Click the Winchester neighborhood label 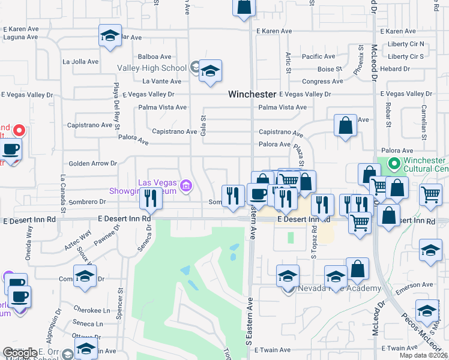tap(252, 94)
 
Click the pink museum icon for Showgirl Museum tap(186, 187)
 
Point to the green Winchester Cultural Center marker tap(394, 163)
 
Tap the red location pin tap(19, 130)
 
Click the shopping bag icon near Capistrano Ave tap(345, 125)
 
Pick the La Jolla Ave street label tap(80, 61)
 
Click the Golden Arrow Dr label tap(92, 163)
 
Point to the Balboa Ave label tap(151, 56)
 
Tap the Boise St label tap(330, 69)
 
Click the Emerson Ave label tap(418, 284)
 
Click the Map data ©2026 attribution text tap(423, 355)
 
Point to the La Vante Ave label tap(161, 81)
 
